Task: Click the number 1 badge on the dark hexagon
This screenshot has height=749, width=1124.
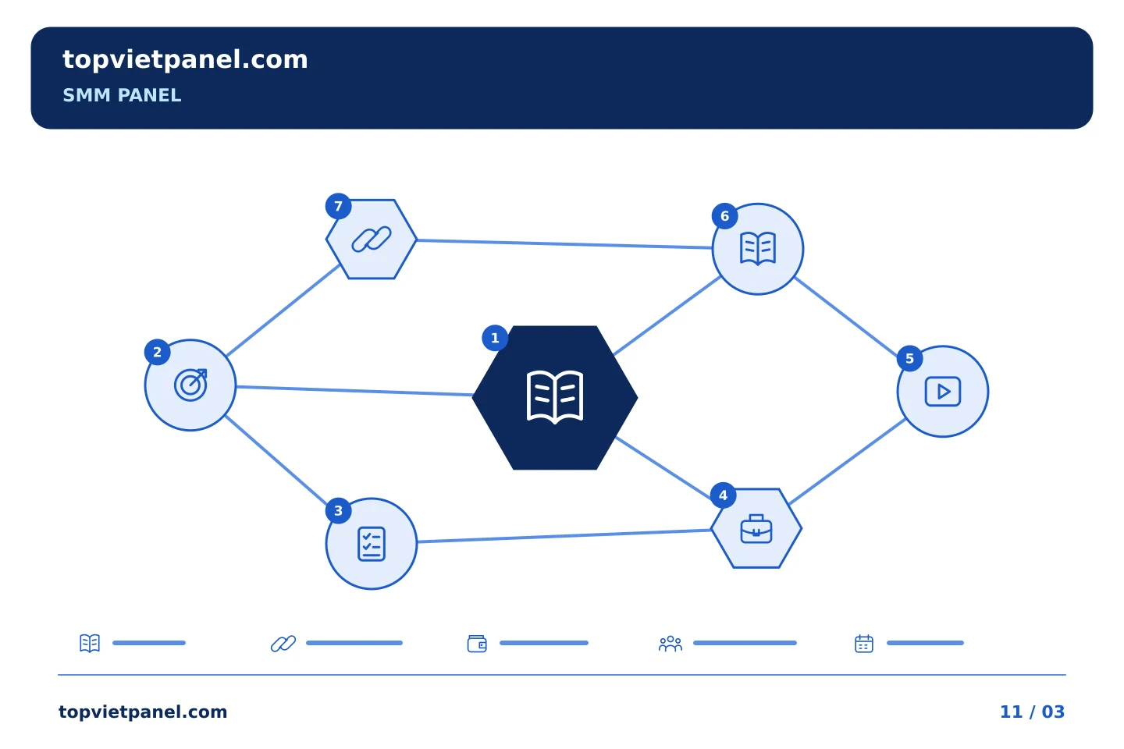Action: click(x=495, y=338)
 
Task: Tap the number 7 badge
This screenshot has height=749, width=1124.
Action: click(x=338, y=206)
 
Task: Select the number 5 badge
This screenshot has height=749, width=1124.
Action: click(x=910, y=359)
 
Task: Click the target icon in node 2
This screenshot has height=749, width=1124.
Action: click(x=190, y=385)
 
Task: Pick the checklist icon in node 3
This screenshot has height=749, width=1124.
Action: click(x=372, y=544)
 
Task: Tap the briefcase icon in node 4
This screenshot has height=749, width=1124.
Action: click(x=756, y=529)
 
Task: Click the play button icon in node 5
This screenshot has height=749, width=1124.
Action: click(x=943, y=392)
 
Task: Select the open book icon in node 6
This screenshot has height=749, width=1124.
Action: click(x=758, y=248)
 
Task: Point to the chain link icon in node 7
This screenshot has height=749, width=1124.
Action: click(x=372, y=240)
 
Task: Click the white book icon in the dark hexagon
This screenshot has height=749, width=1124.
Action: click(x=555, y=397)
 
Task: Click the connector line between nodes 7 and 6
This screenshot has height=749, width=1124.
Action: click(x=564, y=243)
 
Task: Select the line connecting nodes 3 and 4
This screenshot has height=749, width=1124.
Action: click(x=564, y=536)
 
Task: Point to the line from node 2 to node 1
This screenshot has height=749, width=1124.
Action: click(x=354, y=391)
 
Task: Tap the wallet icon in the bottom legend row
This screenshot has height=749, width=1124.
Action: click(x=477, y=644)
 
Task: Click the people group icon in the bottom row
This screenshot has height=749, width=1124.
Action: click(x=670, y=644)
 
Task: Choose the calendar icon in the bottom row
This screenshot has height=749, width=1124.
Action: click(x=864, y=644)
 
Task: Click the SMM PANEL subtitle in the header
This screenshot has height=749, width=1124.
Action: click(x=122, y=95)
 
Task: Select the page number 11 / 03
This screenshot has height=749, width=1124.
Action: click(x=1032, y=712)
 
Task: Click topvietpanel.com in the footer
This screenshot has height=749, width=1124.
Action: click(x=143, y=712)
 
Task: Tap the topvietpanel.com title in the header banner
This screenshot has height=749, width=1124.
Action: click(x=185, y=60)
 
